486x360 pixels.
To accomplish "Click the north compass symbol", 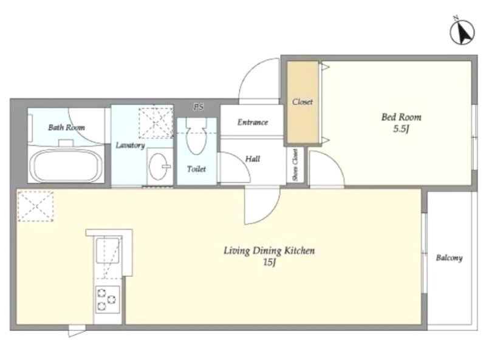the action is [462, 32].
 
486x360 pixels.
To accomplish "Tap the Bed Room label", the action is [401, 117].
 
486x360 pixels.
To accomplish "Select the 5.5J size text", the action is [402, 129].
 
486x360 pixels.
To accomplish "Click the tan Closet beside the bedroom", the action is [303, 102].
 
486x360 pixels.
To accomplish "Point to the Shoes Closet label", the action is [295, 165].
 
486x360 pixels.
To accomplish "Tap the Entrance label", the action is [253, 123].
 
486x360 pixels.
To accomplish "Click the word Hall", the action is [253, 159].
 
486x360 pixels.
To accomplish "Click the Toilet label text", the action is [196, 169].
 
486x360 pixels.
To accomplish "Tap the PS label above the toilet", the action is [199, 107].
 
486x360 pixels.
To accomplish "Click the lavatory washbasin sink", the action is [159, 166].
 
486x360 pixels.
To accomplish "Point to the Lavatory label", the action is [130, 145].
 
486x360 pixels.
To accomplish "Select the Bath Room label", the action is [66, 127].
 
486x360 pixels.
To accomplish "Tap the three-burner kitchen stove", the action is [108, 299].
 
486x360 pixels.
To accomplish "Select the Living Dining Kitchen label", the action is [269, 251].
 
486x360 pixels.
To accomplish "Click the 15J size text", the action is [269, 263].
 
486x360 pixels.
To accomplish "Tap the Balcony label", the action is [449, 258].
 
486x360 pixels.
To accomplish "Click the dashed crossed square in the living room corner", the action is [36, 206].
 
